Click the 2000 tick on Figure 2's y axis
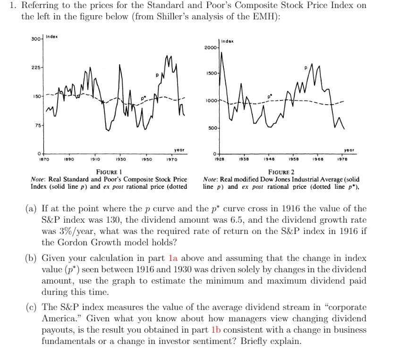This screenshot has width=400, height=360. pyautogui.click(x=211, y=48)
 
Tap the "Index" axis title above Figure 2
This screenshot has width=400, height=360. pyautogui.click(x=229, y=42)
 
